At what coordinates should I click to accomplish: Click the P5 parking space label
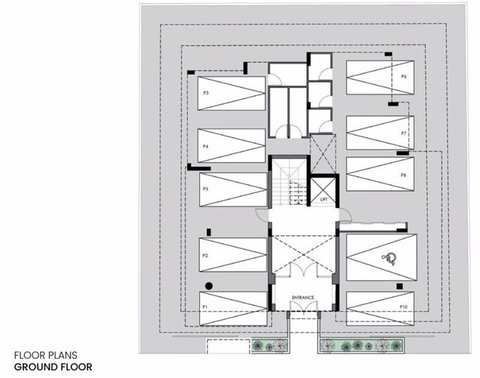click(205, 93)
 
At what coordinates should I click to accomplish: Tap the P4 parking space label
click(205, 146)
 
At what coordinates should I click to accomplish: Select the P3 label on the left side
click(205, 189)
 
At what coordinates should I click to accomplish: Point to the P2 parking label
click(204, 255)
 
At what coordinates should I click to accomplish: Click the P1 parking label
click(204, 306)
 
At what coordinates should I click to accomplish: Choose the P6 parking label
click(403, 76)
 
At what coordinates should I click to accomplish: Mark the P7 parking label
click(403, 133)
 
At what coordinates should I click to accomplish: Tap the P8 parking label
click(403, 174)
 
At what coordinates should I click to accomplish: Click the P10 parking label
click(403, 306)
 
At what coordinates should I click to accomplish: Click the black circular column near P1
click(208, 286)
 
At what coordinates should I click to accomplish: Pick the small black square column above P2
click(208, 232)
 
